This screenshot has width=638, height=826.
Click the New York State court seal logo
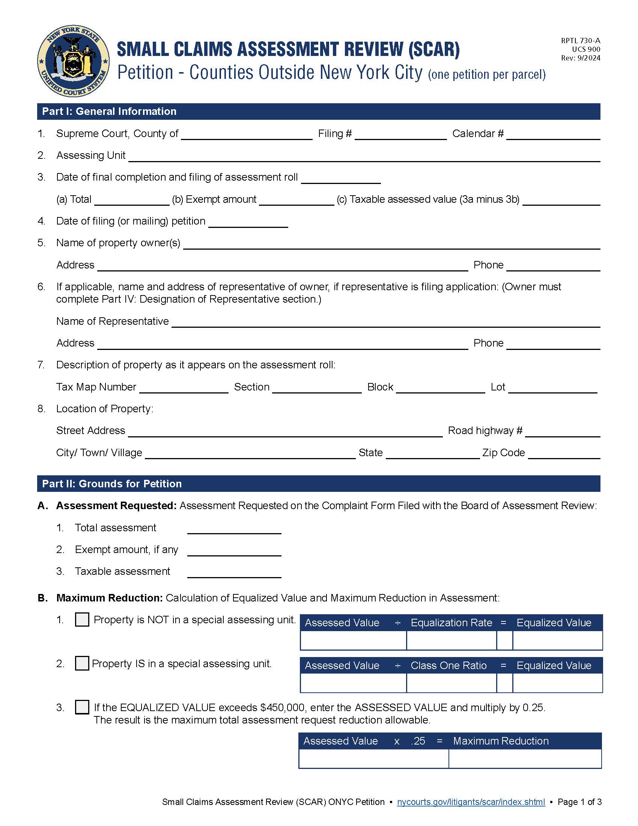pos(73,61)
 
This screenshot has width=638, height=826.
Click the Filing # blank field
pos(401,135)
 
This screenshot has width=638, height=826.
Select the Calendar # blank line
pos(553,135)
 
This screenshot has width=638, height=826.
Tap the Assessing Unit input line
pos(364,157)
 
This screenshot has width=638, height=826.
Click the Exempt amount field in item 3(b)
pos(297,200)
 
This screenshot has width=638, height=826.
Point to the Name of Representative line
pos(385,322)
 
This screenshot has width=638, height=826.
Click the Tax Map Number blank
pos(184,388)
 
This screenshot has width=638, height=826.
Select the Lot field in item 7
pos(552,388)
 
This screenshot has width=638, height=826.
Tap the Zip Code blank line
pos(564,454)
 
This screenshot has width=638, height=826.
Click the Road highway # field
pos(563,432)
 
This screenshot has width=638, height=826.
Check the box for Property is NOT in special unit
pos(82,619)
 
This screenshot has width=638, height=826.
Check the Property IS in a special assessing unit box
pos(82,663)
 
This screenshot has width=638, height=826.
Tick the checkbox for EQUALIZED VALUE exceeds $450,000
pos(82,707)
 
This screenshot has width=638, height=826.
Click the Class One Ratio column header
pos(448,666)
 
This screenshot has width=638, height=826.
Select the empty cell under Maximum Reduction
pos(525,759)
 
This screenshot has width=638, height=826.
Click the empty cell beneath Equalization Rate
pos(451,640)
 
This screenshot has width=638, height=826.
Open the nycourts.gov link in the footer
pos(471,802)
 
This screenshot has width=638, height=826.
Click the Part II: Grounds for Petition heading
pos(112,484)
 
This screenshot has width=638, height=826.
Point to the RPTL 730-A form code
pos(581,41)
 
